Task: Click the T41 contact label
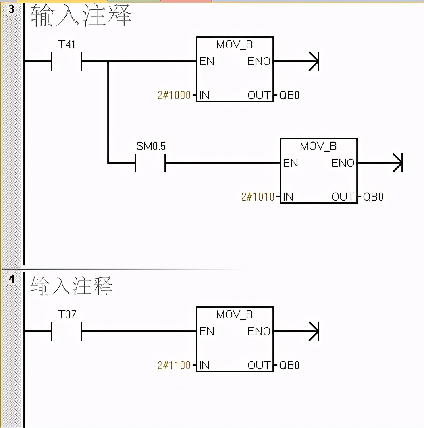[67, 44]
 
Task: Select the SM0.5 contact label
[151, 146]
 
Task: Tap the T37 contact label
[67, 314]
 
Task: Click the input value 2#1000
[174, 96]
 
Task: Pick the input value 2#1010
[258, 197]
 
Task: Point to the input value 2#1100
[174, 366]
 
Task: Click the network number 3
[11, 9]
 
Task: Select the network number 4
[11, 279]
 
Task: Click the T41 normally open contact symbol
[67, 62]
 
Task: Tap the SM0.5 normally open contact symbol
[151, 163]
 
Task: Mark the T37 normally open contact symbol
[67, 331]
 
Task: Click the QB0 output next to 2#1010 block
[373, 197]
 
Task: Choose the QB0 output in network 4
[289, 366]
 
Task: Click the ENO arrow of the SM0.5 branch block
[397, 163]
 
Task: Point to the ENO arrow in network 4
[314, 331]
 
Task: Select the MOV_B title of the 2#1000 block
[235, 44]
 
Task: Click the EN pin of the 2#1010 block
[290, 163]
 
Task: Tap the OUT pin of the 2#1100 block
[259, 366]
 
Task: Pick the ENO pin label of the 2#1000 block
[259, 62]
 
